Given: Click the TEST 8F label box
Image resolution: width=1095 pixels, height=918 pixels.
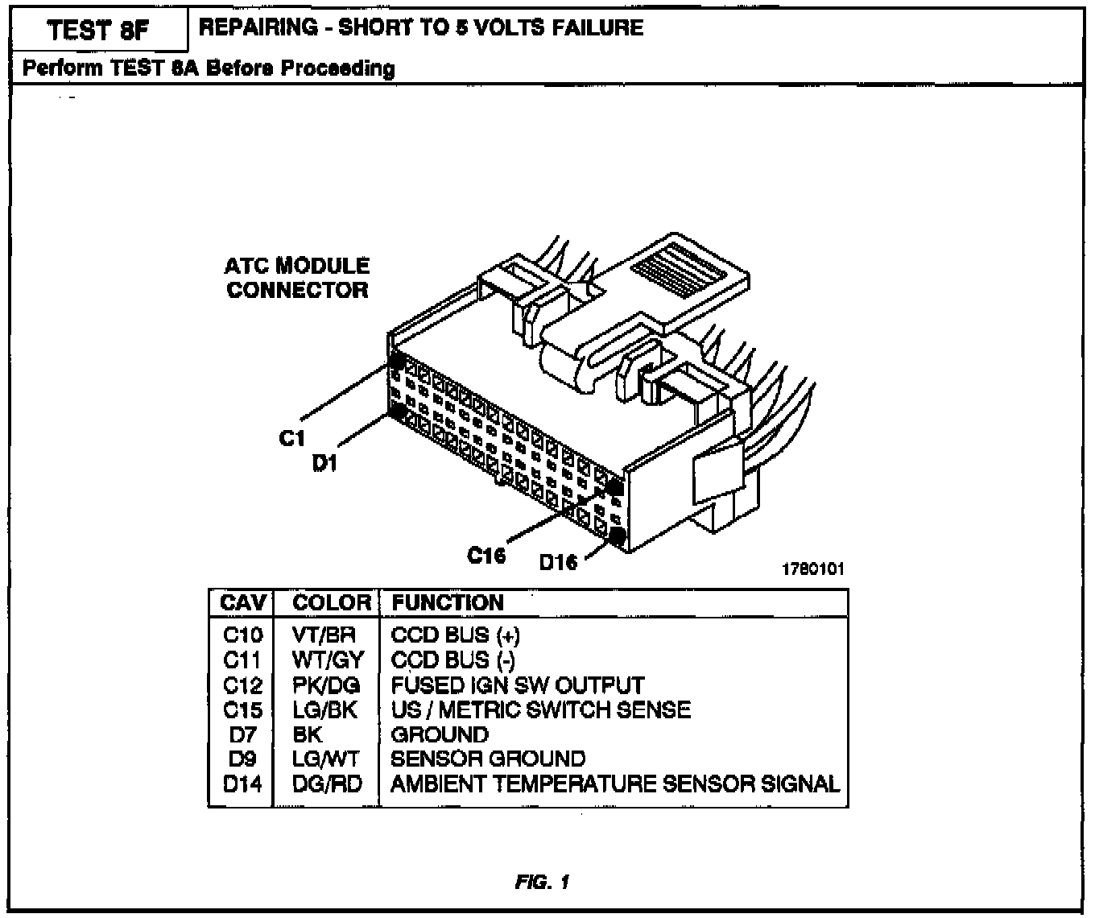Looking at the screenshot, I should pos(97,31).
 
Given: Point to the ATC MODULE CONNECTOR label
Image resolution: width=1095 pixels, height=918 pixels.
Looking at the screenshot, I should pos(297,278).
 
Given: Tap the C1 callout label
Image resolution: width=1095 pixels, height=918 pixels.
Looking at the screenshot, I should pos(292,437).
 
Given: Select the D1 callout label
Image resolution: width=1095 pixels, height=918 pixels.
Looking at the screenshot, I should pos(324,463).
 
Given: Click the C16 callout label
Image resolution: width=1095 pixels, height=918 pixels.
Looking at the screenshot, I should pos(486,556).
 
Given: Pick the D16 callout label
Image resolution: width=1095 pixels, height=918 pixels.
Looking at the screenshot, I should pos(558,561).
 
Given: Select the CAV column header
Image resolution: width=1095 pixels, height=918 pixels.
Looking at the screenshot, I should pos(242,603).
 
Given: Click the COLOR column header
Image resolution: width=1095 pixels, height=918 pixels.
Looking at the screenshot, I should pos(331,603).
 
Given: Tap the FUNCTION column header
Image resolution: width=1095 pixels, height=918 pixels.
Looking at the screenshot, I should pos(448,603).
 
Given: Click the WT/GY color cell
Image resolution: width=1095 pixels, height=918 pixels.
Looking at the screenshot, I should pos(328,660).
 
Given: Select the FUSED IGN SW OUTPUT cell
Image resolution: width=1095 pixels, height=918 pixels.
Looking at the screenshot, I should pos(517,685).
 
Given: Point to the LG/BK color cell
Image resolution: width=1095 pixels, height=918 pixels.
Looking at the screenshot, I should pos(325,710).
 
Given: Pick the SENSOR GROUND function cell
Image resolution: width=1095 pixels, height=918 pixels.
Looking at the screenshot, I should pos(488,759).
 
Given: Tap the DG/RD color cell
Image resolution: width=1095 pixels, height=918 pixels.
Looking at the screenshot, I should pos(327,784).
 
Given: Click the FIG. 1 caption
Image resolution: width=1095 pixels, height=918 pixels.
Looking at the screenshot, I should pos(542,883).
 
